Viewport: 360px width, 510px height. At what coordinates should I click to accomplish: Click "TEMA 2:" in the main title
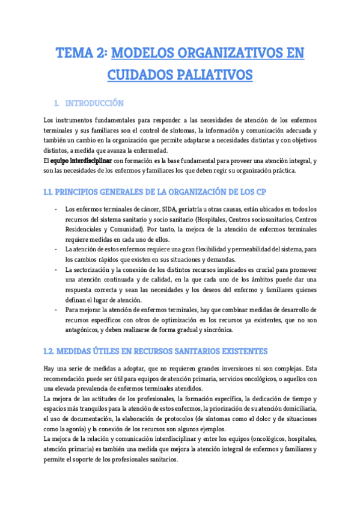(82, 54)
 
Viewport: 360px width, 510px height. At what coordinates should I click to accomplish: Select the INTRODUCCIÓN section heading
(94, 103)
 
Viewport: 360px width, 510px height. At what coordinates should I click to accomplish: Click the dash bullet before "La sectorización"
(56, 269)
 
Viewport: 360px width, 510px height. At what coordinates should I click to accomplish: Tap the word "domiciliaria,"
(296, 408)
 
